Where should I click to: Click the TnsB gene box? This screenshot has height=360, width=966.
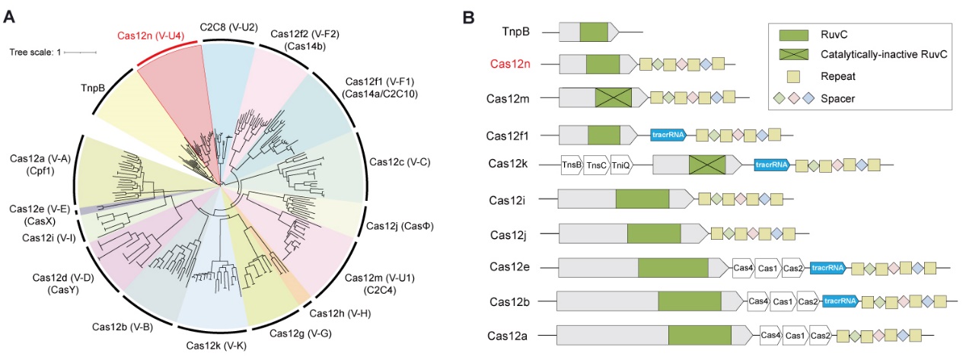[571, 166]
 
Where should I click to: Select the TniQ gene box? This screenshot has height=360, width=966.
[620, 166]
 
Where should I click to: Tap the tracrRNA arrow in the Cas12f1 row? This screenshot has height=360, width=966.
[668, 135]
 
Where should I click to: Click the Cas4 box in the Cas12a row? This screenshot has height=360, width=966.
[770, 335]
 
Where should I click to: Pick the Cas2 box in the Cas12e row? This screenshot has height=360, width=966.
[793, 267]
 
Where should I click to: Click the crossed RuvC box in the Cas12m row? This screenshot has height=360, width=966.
[614, 97]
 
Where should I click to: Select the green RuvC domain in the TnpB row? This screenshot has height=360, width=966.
[594, 32]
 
